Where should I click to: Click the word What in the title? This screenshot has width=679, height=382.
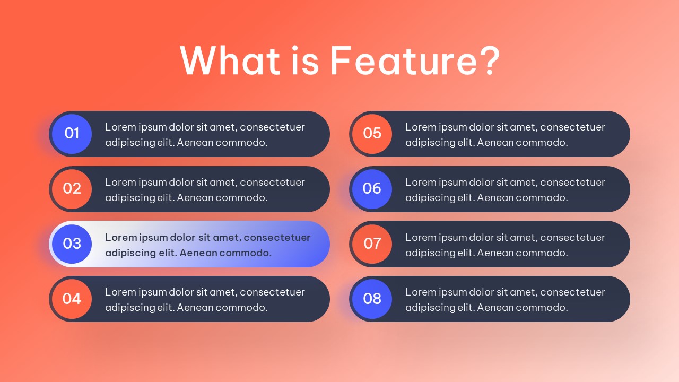(x=230, y=60)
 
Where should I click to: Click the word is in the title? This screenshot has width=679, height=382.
(x=305, y=60)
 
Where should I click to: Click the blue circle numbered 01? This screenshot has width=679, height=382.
(x=72, y=134)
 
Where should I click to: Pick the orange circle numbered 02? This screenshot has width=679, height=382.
(x=72, y=189)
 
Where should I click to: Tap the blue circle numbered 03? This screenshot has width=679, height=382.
(x=72, y=244)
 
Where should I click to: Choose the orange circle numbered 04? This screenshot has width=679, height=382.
(x=72, y=299)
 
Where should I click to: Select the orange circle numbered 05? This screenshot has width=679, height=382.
(x=372, y=134)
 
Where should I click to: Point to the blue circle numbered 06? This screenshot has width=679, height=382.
(x=372, y=189)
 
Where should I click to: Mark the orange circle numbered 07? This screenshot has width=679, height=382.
(x=372, y=244)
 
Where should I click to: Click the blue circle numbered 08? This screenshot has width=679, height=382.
(x=372, y=299)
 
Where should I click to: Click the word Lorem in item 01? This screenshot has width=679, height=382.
(x=120, y=127)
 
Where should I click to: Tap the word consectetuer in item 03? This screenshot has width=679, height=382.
(x=277, y=237)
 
